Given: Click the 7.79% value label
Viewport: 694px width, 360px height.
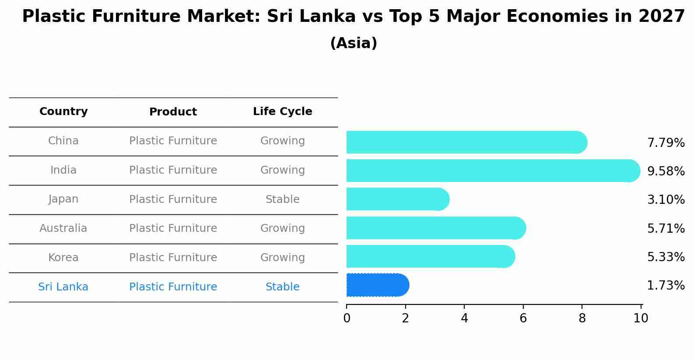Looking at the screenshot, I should (x=666, y=143).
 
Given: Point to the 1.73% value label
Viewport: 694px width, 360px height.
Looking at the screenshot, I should (x=666, y=286).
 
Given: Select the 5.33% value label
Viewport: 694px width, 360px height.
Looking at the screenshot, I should (x=666, y=257).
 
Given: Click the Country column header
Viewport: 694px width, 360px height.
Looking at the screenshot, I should (x=63, y=112).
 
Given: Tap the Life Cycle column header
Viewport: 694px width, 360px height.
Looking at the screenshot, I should (x=282, y=112).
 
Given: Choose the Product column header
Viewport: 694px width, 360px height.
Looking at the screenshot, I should (x=173, y=112).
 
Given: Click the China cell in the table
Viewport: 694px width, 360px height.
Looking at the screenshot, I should (x=63, y=141).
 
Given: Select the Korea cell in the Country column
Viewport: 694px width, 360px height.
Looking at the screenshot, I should (x=63, y=258).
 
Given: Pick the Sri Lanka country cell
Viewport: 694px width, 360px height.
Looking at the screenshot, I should (x=63, y=287).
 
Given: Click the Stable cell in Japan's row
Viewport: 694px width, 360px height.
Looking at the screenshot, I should (x=282, y=199).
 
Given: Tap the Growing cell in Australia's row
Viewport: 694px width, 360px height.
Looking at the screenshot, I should (x=282, y=228).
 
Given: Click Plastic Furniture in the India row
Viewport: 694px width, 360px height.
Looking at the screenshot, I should (x=173, y=170).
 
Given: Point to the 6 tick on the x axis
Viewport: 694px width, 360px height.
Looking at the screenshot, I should (x=523, y=318).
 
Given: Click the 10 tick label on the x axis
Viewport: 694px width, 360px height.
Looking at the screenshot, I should (x=641, y=318).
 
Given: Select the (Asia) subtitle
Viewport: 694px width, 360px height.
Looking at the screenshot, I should (x=354, y=43).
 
